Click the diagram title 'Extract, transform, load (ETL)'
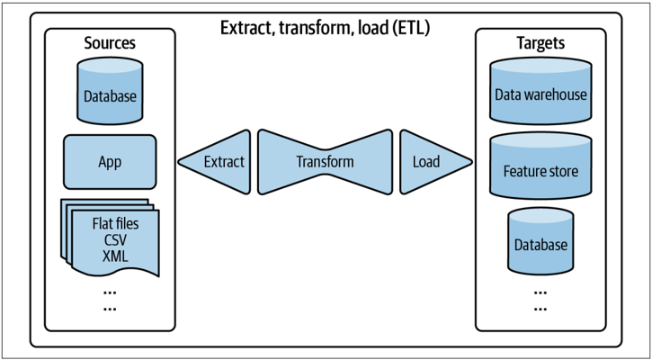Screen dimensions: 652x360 325,29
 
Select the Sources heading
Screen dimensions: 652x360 110,42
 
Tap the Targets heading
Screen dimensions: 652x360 540,42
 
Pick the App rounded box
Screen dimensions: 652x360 110,162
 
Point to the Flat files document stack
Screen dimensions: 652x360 111,238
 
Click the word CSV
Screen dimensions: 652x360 115,240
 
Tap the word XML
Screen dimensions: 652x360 115,256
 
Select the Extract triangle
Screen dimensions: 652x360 215,161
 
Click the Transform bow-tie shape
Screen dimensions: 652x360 325,162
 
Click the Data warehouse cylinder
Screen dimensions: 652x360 540,90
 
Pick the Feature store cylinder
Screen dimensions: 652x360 540,166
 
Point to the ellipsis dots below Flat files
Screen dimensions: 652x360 110,301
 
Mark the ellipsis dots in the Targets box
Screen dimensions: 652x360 540,301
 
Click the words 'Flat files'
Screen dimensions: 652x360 115,224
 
